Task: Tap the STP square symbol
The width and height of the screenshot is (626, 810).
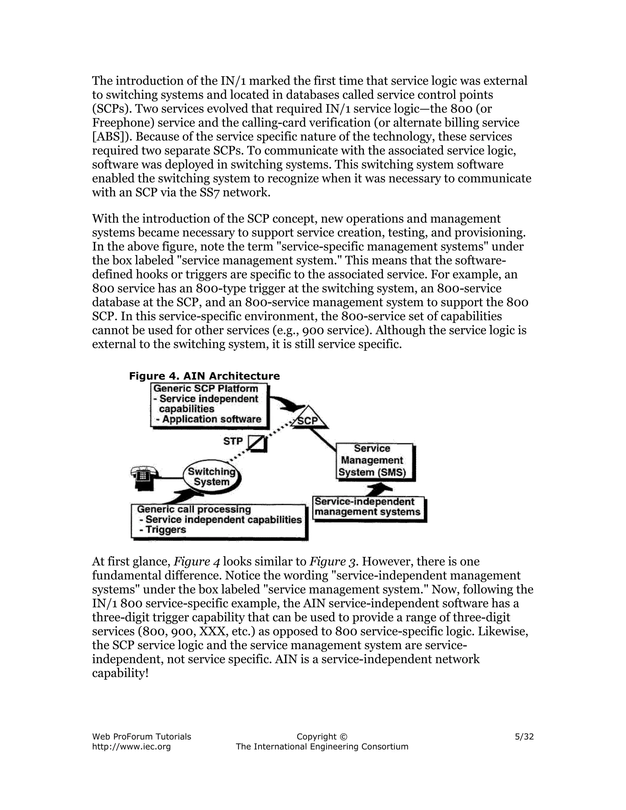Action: tap(257, 443)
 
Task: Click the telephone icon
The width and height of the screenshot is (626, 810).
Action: tap(144, 479)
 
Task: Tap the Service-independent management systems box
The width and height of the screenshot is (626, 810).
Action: tap(368, 507)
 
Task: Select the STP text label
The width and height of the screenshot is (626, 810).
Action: tap(233, 441)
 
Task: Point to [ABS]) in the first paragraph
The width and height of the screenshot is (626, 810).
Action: tap(112, 137)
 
